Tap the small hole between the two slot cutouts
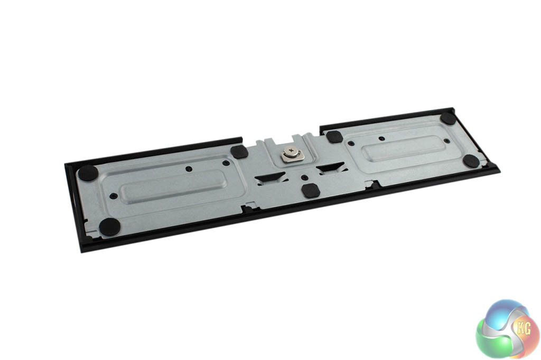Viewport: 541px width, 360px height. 303,177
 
